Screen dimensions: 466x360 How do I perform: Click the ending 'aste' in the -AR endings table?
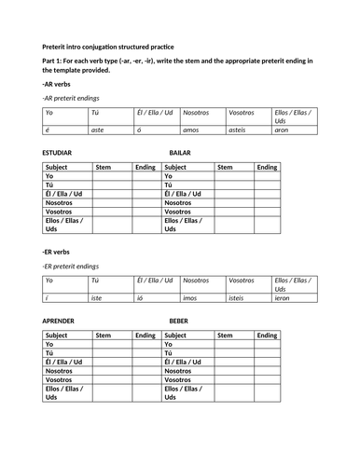pos(97,130)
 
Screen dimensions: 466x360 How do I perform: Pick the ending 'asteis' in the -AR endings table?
pos(239,130)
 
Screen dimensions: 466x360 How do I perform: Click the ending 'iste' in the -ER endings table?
pos(96,297)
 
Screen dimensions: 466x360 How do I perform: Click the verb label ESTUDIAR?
pos(61,151)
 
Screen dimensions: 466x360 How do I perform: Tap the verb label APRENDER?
pos(62,320)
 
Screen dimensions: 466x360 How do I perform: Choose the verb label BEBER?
pos(180,320)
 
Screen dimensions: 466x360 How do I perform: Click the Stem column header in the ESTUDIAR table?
pos(104,167)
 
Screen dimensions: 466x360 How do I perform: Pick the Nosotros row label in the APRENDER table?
pos(61,371)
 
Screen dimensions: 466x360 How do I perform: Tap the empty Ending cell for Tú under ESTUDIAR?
pos(145,185)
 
